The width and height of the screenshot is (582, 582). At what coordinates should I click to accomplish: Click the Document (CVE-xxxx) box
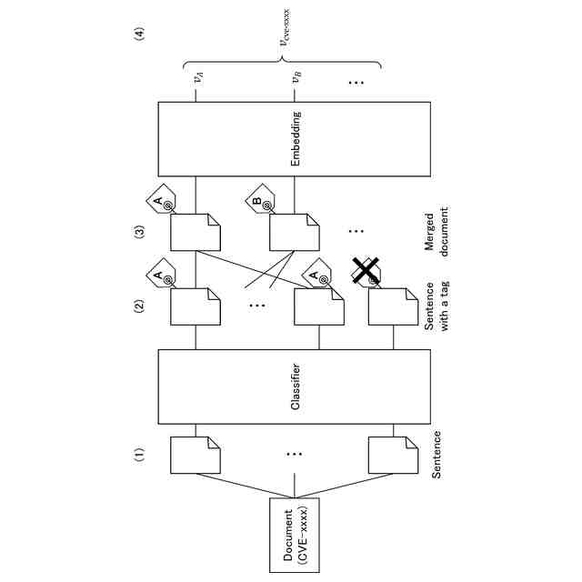(296, 536)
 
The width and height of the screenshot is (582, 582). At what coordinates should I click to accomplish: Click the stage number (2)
(140, 306)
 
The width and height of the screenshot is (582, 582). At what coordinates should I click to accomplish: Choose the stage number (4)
(140, 35)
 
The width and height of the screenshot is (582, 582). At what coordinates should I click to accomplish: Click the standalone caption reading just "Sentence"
(437, 454)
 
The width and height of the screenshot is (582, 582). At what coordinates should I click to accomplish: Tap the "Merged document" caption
(437, 231)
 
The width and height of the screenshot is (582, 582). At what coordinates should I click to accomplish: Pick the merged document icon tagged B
(295, 234)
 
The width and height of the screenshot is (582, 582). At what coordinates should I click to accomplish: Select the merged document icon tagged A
(196, 234)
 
